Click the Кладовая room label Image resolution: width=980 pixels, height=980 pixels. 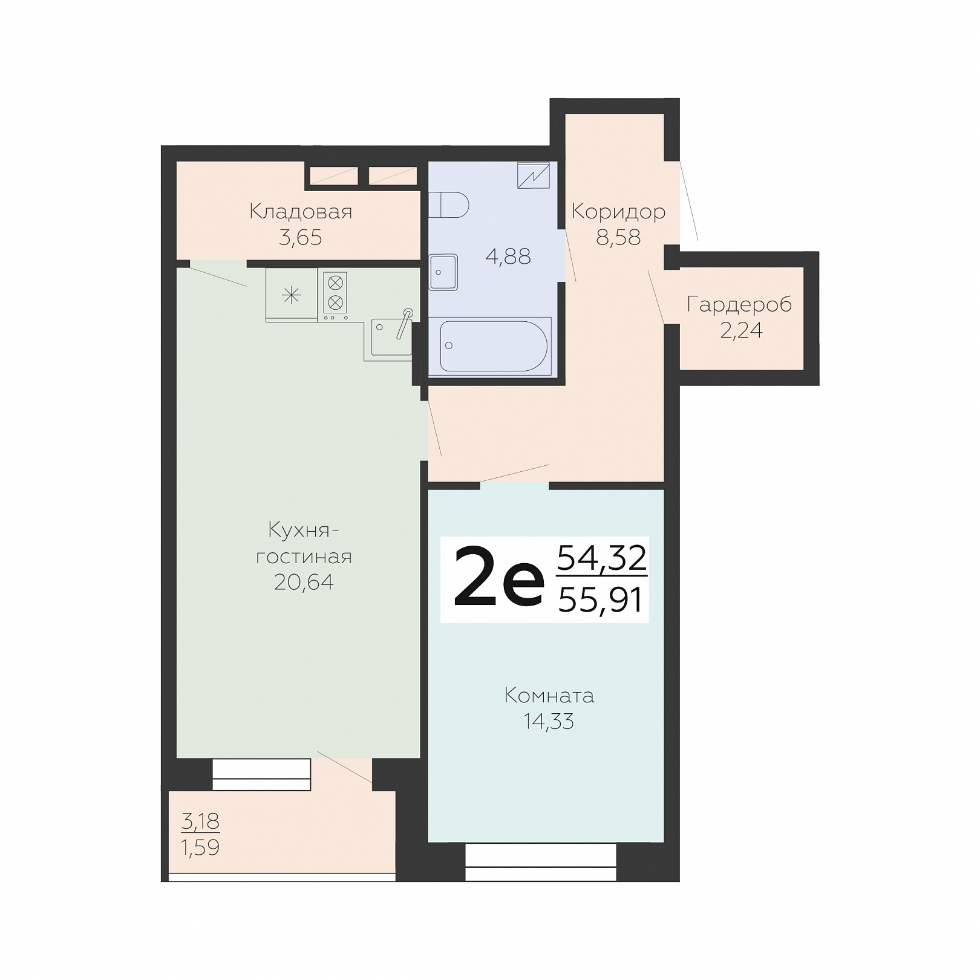tap(301, 212)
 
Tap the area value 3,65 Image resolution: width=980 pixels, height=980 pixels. tap(301, 238)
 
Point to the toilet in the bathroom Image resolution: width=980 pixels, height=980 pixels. tap(448, 205)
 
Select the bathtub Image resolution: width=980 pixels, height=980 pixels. tap(494, 346)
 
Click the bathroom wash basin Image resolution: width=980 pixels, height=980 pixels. tap(443, 272)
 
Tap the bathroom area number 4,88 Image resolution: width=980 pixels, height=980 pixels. tap(508, 256)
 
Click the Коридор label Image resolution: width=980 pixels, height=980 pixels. tap(618, 212)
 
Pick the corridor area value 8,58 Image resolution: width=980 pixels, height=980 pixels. tap(618, 238)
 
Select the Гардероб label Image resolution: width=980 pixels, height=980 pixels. tap(739, 305)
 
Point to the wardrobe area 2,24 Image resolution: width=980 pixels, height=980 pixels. tap(741, 331)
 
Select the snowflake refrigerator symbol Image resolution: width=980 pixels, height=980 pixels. tap(292, 295)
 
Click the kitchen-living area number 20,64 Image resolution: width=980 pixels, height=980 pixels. tap(304, 582)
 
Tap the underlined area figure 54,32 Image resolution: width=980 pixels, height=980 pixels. tap(602, 558)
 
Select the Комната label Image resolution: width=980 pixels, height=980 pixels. tap(549, 696)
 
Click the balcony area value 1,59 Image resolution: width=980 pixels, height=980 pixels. tap(200, 848)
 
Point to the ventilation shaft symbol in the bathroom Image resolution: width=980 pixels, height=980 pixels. tap(534, 175)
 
